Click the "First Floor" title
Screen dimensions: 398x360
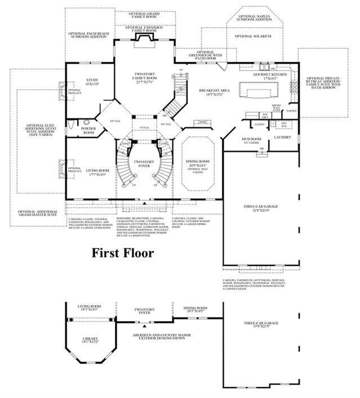123,253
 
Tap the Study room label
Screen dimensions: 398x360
92,82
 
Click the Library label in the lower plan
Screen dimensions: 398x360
90,340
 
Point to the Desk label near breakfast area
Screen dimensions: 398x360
201,122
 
